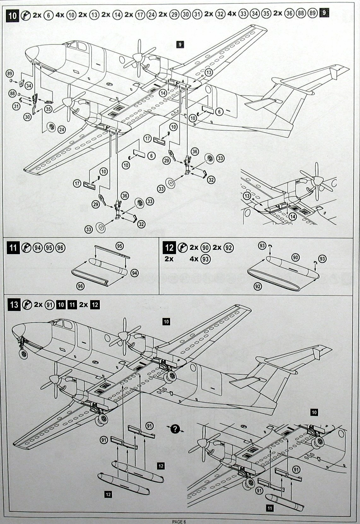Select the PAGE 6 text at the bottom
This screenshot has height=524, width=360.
click(180, 521)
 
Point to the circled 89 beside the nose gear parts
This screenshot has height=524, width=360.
click(10, 73)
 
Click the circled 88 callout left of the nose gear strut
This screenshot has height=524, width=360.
click(13, 93)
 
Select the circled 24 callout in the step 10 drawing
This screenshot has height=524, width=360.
click(62, 129)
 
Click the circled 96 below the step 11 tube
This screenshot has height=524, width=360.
click(81, 286)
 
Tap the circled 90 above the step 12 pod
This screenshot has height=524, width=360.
click(295, 257)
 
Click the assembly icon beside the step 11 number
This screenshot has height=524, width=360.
click(26, 247)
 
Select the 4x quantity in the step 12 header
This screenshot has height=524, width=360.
click(194, 259)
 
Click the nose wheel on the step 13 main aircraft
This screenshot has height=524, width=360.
click(23, 354)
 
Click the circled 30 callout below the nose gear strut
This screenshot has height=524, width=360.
click(28, 116)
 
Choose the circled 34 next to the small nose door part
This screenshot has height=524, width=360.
click(29, 85)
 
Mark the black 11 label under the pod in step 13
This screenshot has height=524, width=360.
click(270, 508)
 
